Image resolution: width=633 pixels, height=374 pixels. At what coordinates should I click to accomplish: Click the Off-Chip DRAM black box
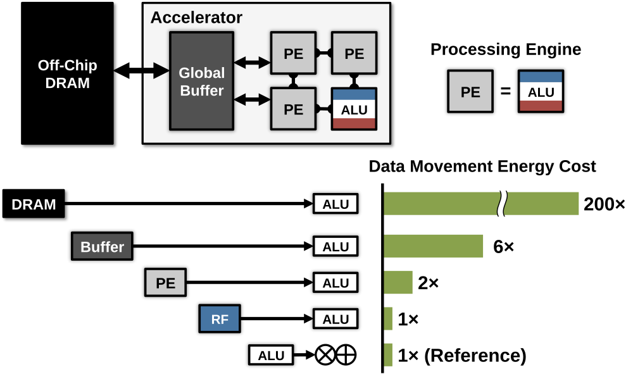[69, 75]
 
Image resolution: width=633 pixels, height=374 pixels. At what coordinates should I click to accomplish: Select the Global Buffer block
[202, 81]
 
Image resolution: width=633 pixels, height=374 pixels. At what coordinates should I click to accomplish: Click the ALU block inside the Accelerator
[354, 109]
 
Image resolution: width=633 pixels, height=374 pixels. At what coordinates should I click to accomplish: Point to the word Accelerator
[196, 17]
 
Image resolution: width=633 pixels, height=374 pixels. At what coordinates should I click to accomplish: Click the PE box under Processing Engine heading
[470, 92]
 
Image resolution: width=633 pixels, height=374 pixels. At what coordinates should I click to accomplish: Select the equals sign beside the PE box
[505, 92]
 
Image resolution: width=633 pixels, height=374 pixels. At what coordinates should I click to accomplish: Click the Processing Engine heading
[506, 49]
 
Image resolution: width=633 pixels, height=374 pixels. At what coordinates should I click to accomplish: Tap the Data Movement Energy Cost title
[482, 166]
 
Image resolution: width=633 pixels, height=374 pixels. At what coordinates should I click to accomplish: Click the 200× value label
[604, 204]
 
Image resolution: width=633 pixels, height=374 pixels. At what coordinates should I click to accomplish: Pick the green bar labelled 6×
[434, 246]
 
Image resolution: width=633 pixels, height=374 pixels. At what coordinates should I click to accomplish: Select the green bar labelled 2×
[398, 283]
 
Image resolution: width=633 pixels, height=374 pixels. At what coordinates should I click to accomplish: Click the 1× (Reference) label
[462, 356]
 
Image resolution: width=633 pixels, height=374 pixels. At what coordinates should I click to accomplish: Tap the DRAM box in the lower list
[34, 204]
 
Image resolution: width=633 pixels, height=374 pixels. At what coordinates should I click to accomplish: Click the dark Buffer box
[102, 246]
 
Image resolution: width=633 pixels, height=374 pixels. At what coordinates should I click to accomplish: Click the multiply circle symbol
[325, 356]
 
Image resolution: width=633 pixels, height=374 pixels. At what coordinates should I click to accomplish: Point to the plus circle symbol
[346, 356]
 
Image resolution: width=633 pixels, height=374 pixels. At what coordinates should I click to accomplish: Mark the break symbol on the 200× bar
[503, 204]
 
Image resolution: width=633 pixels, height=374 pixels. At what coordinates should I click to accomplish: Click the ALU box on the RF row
[335, 319]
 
